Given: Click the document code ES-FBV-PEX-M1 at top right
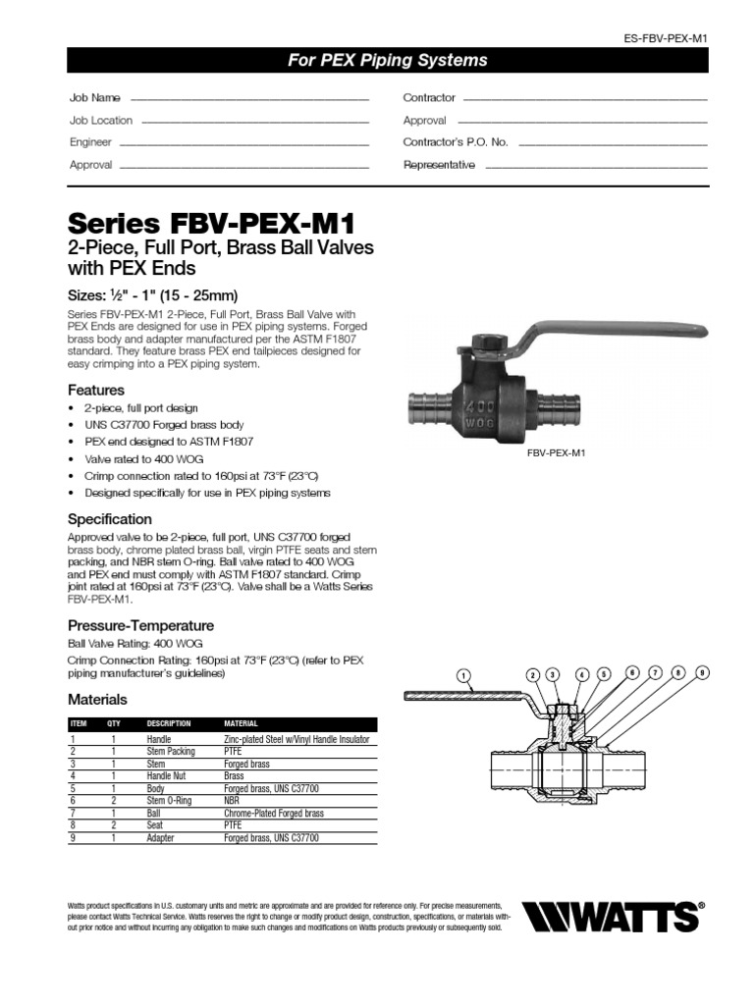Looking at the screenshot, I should tap(666, 37).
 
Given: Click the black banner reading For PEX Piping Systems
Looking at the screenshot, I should tap(387, 61).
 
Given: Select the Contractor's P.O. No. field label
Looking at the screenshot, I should tap(456, 142).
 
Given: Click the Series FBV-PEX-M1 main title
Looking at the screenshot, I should tap(211, 219).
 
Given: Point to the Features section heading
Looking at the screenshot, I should tap(95, 390).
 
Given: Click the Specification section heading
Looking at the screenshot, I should tap(109, 519).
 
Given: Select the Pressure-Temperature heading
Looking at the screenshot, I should tap(140, 625).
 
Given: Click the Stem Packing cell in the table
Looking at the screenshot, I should tap(171, 751).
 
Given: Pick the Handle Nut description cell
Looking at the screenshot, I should tap(167, 776).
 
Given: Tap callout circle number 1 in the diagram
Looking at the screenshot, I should tap(464, 675).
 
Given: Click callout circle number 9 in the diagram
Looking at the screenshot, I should tap(701, 672).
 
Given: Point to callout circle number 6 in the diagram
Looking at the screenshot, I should tap(633, 672).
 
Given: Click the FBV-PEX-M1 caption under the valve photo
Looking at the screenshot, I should tap(556, 454).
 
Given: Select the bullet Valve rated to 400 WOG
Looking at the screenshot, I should tap(141, 458).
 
